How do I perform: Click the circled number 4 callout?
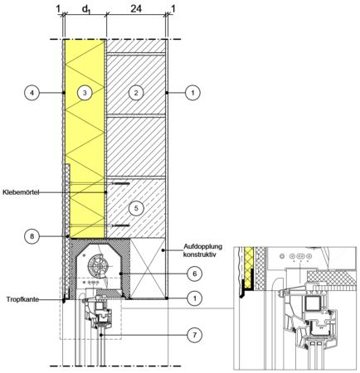click(32, 93)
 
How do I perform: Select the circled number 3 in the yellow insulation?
click(85, 93)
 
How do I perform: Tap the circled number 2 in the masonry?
click(136, 93)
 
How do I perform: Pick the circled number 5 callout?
click(136, 208)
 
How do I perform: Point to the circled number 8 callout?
click(32, 236)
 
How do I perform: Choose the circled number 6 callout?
click(195, 274)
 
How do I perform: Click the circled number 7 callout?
click(195, 335)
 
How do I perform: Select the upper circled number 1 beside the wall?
click(192, 93)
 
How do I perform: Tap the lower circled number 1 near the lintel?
click(195, 298)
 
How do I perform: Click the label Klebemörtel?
click(21, 192)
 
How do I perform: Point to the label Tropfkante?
click(22, 299)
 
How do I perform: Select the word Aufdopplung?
click(202, 246)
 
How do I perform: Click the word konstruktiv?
click(200, 254)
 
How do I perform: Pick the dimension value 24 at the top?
click(136, 8)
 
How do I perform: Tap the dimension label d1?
click(86, 10)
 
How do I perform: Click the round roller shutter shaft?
click(99, 266)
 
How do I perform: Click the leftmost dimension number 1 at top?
click(58, 9)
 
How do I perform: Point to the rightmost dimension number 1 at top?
click(173, 9)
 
